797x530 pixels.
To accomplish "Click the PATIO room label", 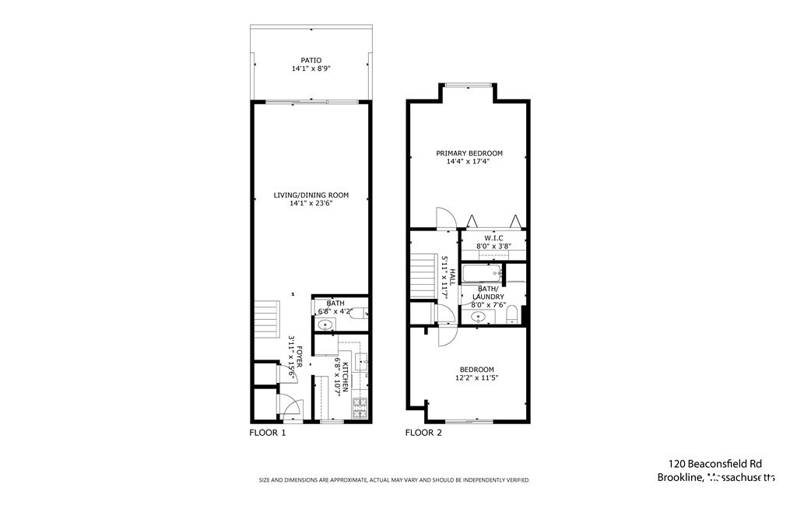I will pyautogui.click(x=311, y=59).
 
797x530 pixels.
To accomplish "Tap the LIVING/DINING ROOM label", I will pyautogui.click(x=311, y=195).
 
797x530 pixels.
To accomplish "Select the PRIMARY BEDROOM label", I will pyautogui.click(x=469, y=153).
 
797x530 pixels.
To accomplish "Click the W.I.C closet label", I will pyautogui.click(x=493, y=238).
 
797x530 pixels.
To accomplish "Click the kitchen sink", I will pyautogui.click(x=361, y=361).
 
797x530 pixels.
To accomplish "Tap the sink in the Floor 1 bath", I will pyautogui.click(x=325, y=325).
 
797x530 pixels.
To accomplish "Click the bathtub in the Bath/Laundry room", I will pyautogui.click(x=481, y=273).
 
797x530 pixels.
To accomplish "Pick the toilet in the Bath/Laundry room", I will pyautogui.click(x=512, y=314).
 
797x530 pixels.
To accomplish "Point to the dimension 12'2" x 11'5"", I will pyautogui.click(x=476, y=378).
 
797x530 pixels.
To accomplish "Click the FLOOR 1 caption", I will pyautogui.click(x=267, y=433).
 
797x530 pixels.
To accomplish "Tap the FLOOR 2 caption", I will pyautogui.click(x=423, y=433).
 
